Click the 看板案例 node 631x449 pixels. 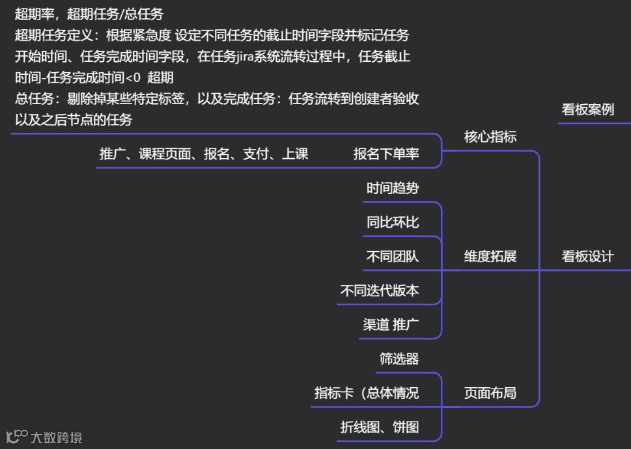click(x=587, y=109)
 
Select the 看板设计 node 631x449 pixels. click(x=587, y=256)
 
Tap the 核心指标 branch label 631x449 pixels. click(x=490, y=137)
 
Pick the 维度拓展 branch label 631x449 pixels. click(x=490, y=256)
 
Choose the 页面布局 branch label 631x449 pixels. click(x=490, y=393)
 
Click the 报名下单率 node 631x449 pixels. click(x=386, y=154)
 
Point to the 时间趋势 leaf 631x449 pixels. click(x=393, y=189)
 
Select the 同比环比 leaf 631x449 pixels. click(x=393, y=223)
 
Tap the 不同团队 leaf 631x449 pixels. click(x=393, y=256)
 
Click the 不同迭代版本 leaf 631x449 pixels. click(x=380, y=291)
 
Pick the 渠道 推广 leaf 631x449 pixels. click(x=391, y=325)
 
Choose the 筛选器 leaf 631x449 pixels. click(x=399, y=359)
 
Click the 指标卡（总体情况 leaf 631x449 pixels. click(x=367, y=393)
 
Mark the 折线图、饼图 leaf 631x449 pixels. click(x=380, y=428)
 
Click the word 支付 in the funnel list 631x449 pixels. click(x=256, y=154)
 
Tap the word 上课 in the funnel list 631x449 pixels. click(x=295, y=154)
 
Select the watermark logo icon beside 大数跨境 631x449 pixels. click(x=16, y=436)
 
